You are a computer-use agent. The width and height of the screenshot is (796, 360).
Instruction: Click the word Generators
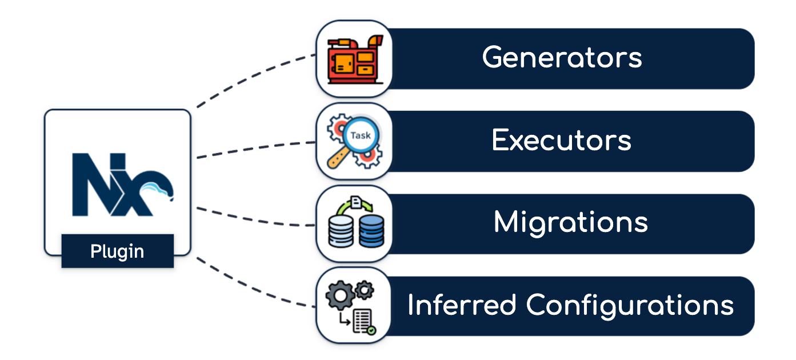(x=562, y=58)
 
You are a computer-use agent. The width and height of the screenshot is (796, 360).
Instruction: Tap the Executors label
(x=561, y=140)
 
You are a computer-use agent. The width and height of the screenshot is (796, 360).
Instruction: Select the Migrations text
(x=570, y=222)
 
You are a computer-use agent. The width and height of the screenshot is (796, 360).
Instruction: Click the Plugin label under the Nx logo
(x=117, y=251)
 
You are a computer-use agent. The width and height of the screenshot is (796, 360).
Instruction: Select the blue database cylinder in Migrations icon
(x=371, y=231)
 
